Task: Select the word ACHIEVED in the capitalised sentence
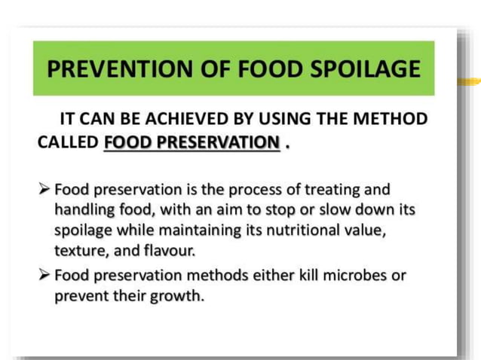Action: point(189,119)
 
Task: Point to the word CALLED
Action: point(68,142)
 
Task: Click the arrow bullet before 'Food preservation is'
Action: point(44,188)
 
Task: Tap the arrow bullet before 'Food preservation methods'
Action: point(44,275)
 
